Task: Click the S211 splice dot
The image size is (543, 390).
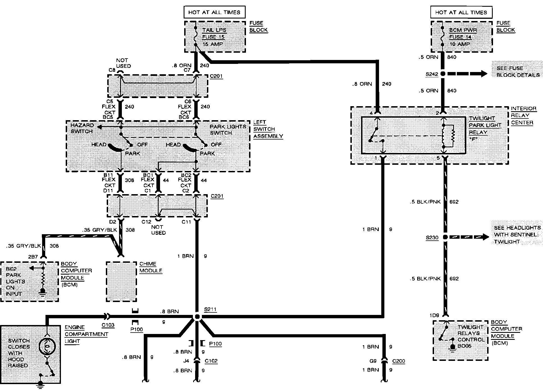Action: click(197, 317)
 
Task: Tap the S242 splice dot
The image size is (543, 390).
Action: click(443, 74)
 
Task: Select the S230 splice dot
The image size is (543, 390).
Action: click(445, 237)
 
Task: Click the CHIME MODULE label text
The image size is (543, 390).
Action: click(151, 267)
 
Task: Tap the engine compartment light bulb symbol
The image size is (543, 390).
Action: click(47, 347)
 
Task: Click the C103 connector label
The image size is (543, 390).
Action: click(108, 325)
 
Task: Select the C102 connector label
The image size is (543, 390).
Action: click(211, 361)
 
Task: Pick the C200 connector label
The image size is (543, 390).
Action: click(398, 361)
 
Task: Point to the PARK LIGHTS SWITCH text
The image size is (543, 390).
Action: click(228, 129)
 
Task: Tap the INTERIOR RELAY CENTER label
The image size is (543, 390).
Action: click(523, 115)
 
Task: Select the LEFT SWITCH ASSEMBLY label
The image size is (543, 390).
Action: click(268, 129)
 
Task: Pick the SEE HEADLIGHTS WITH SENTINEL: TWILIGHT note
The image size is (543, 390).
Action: click(517, 235)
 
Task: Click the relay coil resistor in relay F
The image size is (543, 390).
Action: click(452, 136)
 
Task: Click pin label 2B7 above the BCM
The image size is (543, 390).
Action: click(33, 257)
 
